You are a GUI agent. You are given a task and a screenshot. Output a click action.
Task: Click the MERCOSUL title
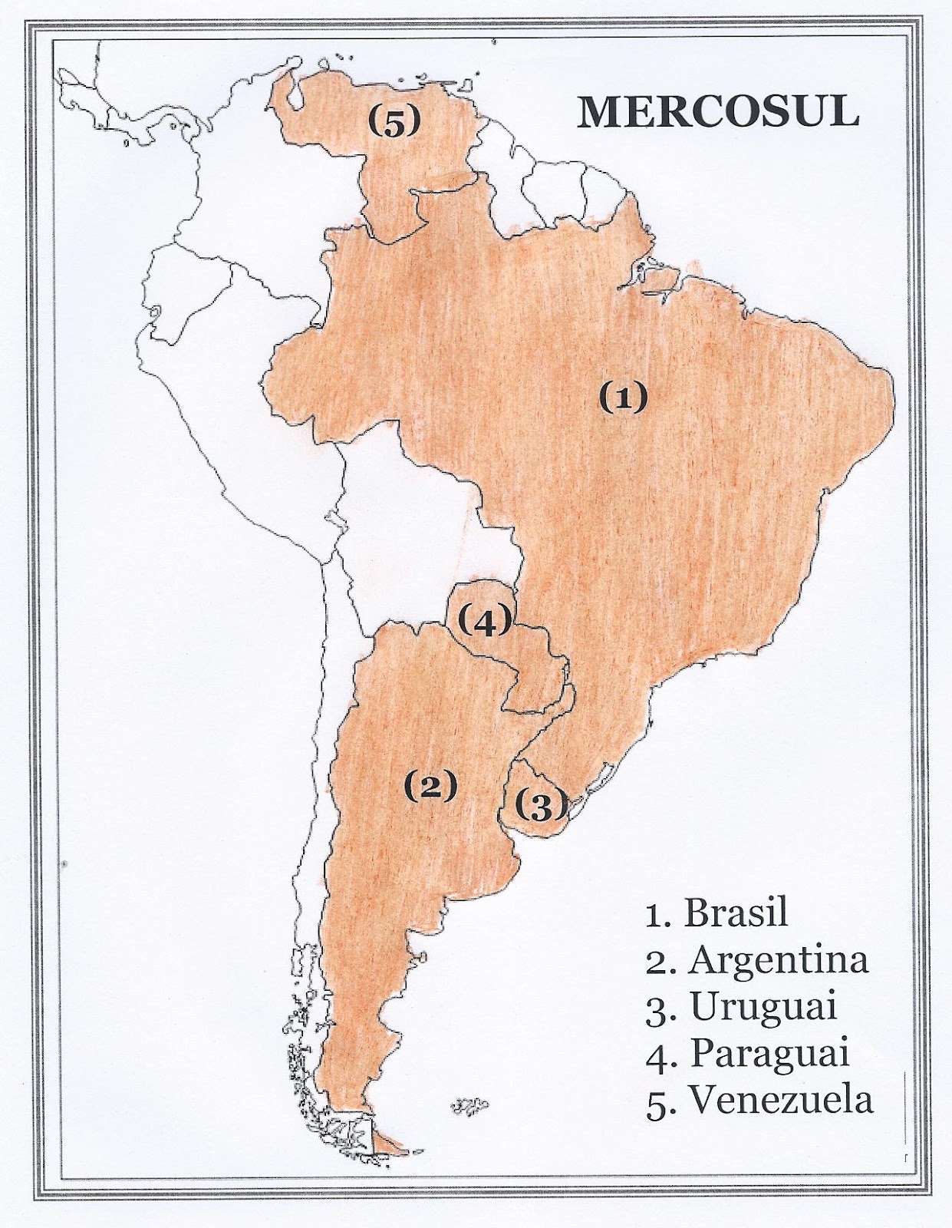[x=717, y=112]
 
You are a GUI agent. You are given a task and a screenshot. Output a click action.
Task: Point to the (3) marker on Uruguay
[x=542, y=805]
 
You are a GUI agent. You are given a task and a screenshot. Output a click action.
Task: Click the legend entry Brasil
[x=717, y=913]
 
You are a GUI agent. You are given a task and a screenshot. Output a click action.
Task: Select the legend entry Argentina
[x=757, y=960]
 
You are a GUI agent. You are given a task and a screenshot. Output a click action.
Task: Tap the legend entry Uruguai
[x=741, y=1006]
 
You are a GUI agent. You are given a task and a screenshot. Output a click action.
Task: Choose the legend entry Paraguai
[x=748, y=1053]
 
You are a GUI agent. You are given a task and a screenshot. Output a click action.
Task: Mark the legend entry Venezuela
[x=759, y=1099]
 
